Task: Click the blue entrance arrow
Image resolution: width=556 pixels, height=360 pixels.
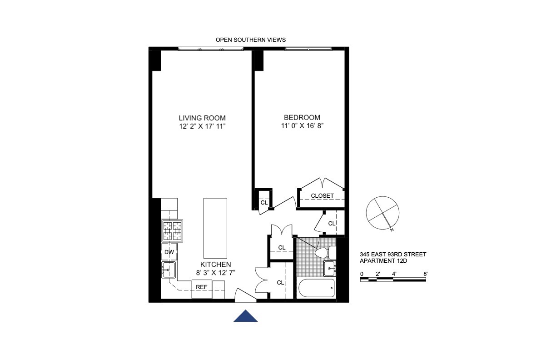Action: click(246, 317)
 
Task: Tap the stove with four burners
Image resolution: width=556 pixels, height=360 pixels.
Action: click(173, 231)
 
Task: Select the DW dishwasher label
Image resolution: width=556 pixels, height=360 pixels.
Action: click(169, 252)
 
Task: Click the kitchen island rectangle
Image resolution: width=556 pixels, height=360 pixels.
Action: click(215, 228)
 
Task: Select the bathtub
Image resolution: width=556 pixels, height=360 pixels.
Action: click(316, 288)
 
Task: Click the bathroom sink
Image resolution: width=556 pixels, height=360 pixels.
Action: click(329, 268)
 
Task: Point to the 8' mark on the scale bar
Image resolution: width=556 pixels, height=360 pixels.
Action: click(425, 274)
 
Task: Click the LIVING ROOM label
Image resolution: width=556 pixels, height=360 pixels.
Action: click(202, 118)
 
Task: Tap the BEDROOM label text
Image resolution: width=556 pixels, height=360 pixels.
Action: click(302, 117)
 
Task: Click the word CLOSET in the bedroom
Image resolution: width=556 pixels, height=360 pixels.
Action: click(322, 196)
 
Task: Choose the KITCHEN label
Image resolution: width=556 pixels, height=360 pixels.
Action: click(216, 264)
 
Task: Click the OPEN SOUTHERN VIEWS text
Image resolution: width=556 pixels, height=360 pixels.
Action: click(250, 40)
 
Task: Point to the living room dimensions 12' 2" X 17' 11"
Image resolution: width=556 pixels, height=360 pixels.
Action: click(202, 126)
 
